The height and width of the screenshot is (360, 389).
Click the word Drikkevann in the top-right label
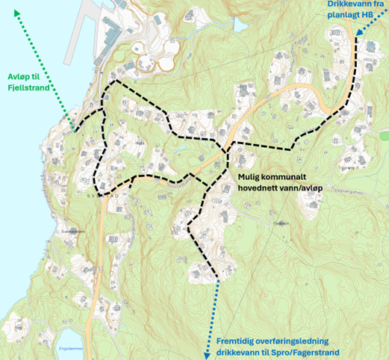coord(355,4)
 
